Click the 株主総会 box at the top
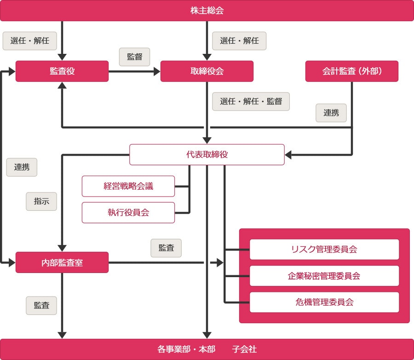click(x=207, y=11)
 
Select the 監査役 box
click(x=62, y=71)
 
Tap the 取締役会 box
click(x=207, y=71)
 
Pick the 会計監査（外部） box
click(x=352, y=71)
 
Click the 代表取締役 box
click(x=207, y=155)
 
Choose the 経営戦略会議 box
click(x=128, y=186)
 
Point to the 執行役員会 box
click(x=128, y=213)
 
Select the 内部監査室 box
click(x=62, y=262)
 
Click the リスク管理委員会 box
click(x=324, y=250)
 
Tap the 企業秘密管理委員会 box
click(x=324, y=276)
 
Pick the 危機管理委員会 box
click(x=324, y=302)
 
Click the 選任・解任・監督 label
click(x=251, y=102)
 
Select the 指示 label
click(x=41, y=201)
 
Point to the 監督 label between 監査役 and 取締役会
click(x=134, y=57)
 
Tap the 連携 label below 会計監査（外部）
click(x=331, y=113)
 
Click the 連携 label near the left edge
click(x=22, y=168)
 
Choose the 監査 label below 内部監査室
click(x=41, y=305)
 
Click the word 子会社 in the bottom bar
click(x=244, y=349)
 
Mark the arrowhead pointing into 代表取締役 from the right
click(x=288, y=155)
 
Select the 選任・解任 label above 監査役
click(x=30, y=41)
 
